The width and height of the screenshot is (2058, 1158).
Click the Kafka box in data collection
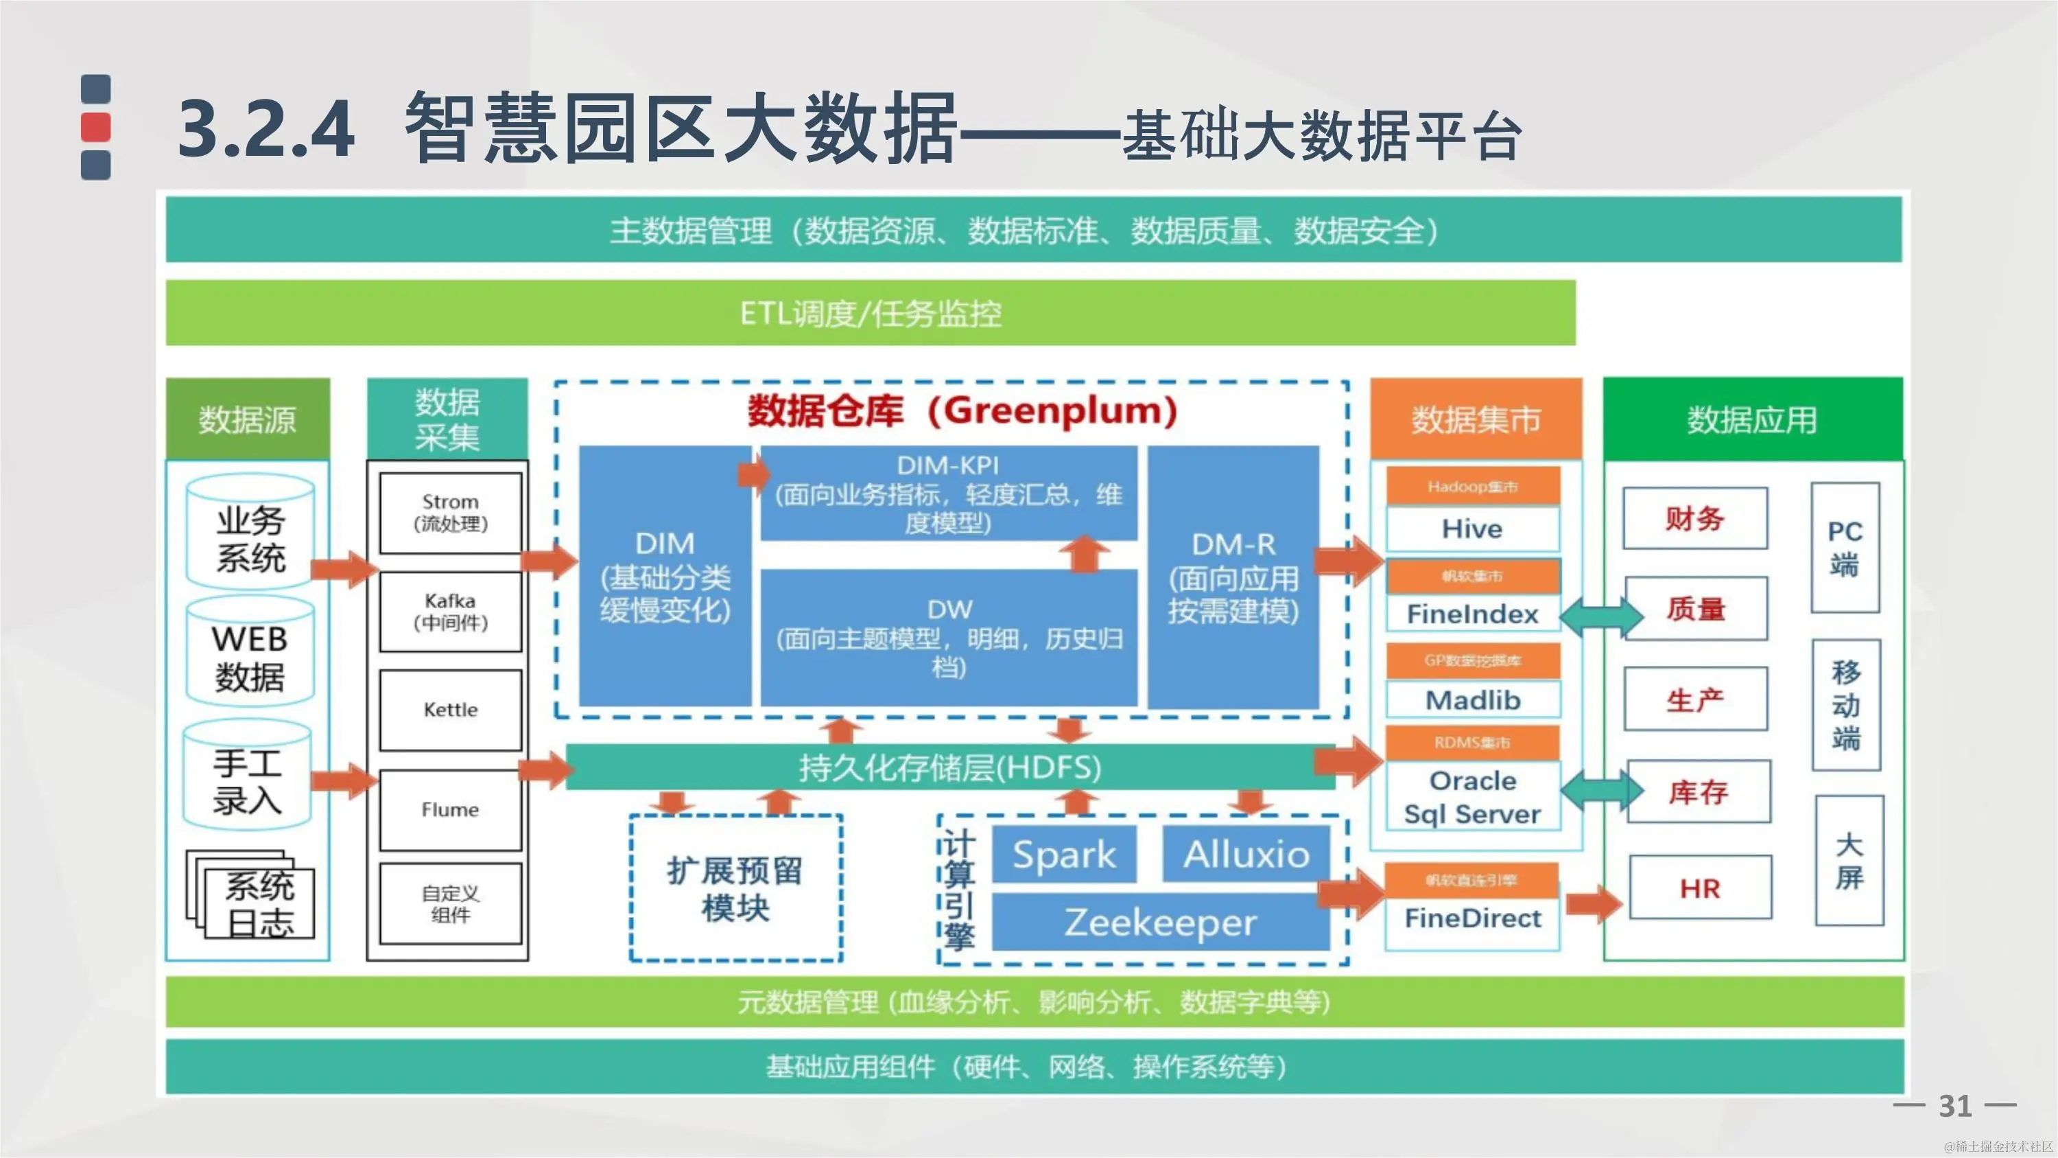click(x=451, y=612)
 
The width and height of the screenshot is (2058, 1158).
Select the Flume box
click(x=451, y=809)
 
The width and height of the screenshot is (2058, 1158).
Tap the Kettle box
click(x=451, y=710)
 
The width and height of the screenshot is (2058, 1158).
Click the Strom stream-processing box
click(x=451, y=512)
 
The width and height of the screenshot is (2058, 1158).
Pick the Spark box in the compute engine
click(x=1064, y=855)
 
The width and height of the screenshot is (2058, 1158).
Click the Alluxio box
click(x=1246, y=855)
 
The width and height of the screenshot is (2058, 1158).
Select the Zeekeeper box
click(x=1160, y=923)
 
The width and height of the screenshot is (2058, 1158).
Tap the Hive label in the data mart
click(x=1472, y=529)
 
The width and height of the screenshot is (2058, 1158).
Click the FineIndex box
click(x=1472, y=614)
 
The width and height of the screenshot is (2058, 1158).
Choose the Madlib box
click(x=1472, y=700)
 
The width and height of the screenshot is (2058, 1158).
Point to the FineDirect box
click(x=1472, y=918)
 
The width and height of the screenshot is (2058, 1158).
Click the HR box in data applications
click(x=1700, y=888)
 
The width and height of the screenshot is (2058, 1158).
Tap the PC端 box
click(x=1845, y=548)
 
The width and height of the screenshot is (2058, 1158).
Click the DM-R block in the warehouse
click(x=1233, y=577)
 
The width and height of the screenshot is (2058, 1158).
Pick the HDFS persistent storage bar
click(x=950, y=767)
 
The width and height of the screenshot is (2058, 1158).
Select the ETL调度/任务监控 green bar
click(x=870, y=313)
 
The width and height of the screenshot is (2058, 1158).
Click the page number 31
click(x=1955, y=1106)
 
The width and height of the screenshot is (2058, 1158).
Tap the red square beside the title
click(x=96, y=127)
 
